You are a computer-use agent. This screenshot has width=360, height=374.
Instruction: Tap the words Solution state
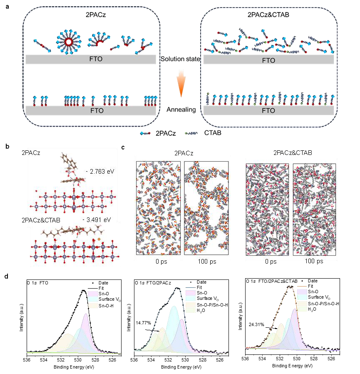pos(180,60)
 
